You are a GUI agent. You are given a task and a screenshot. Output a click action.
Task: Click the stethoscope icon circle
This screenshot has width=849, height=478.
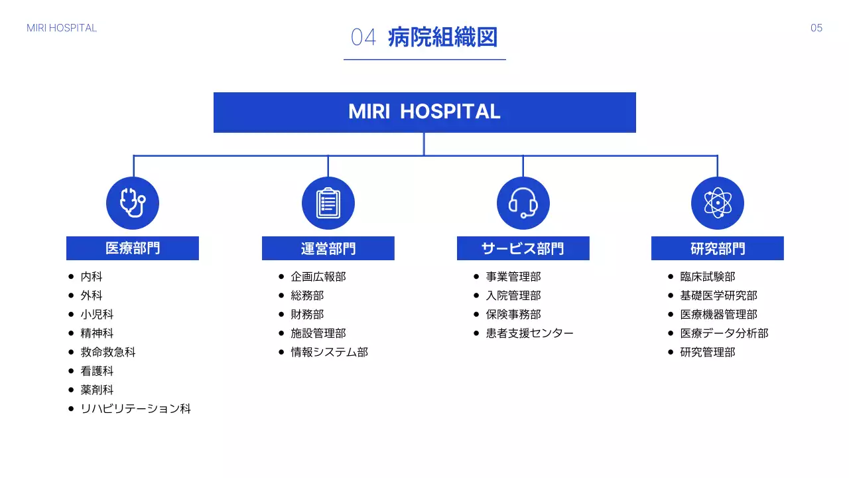[x=133, y=203]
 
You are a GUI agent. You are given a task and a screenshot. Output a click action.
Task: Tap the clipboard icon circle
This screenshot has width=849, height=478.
[x=328, y=203]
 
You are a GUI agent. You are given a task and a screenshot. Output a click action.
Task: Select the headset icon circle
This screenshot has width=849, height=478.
[x=523, y=203]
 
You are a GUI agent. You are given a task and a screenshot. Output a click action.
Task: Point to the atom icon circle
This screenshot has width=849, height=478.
[x=718, y=203]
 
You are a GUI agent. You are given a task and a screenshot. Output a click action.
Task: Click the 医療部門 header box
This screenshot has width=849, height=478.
[x=133, y=248]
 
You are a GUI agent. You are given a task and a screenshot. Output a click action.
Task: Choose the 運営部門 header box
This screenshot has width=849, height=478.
[x=328, y=248]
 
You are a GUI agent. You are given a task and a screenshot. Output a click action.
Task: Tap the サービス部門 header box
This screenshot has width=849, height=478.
[x=523, y=248]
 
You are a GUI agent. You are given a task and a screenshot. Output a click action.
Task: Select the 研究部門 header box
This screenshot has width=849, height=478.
[x=718, y=248]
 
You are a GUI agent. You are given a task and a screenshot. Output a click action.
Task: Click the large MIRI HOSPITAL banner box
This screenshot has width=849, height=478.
[x=424, y=112]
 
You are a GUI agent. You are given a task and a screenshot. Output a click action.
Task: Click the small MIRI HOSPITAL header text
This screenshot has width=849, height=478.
[x=62, y=28]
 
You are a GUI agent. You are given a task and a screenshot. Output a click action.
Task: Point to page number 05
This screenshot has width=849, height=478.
[x=816, y=28]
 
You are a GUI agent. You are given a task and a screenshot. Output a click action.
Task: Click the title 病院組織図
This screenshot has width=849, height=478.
[x=442, y=37]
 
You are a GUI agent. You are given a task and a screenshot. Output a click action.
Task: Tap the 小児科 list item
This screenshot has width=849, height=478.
[x=97, y=314]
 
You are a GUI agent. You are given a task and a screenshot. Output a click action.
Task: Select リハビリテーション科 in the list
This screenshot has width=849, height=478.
[x=136, y=408]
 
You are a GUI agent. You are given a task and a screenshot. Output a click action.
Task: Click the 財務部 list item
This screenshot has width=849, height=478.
[x=307, y=314]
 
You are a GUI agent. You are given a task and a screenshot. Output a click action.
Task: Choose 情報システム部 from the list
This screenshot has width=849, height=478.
[x=330, y=352]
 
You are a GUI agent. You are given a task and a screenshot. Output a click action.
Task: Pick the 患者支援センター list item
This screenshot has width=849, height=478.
[x=529, y=333]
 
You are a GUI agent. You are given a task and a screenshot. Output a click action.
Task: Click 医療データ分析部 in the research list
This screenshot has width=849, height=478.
[x=724, y=333]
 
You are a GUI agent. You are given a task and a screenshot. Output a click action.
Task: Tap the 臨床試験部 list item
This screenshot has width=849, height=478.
[x=708, y=277]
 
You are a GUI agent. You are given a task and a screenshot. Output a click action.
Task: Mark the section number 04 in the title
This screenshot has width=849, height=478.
[x=363, y=37]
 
